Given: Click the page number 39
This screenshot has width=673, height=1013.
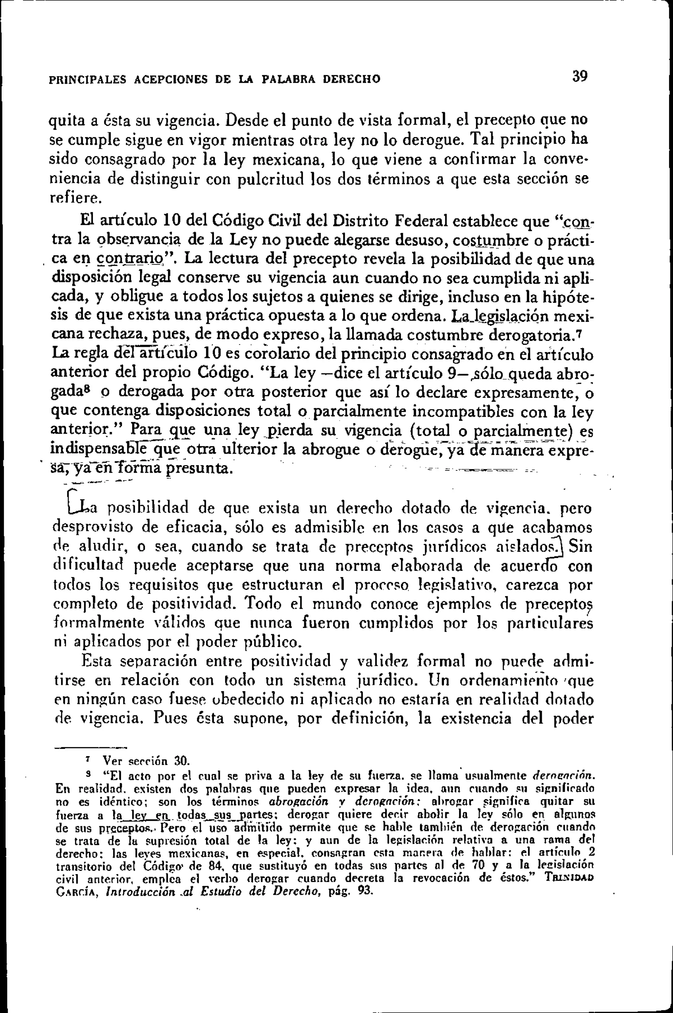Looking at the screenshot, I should [x=579, y=77].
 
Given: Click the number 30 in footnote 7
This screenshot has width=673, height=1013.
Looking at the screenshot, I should [x=181, y=762].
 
